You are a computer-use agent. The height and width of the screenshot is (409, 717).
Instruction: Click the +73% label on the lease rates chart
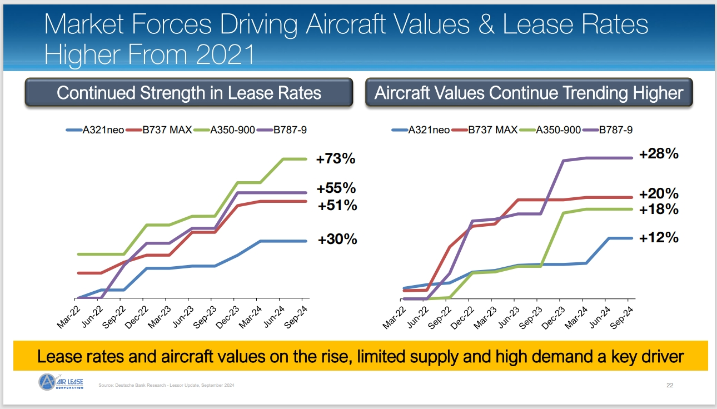click(336, 159)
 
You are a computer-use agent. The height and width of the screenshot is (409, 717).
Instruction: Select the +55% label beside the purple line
click(336, 188)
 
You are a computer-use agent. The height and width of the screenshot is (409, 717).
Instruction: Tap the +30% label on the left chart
click(337, 240)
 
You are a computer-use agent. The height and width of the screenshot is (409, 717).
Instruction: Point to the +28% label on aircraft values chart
click(659, 154)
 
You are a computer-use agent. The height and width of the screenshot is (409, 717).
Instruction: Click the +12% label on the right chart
click(659, 237)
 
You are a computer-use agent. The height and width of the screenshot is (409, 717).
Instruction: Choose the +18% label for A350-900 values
click(659, 210)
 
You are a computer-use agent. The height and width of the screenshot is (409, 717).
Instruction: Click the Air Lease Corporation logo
click(61, 382)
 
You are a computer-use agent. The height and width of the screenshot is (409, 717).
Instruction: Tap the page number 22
click(670, 385)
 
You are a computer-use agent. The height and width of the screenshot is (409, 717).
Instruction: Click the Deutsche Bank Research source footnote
click(166, 385)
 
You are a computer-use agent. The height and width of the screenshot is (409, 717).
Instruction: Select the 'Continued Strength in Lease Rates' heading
click(189, 92)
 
